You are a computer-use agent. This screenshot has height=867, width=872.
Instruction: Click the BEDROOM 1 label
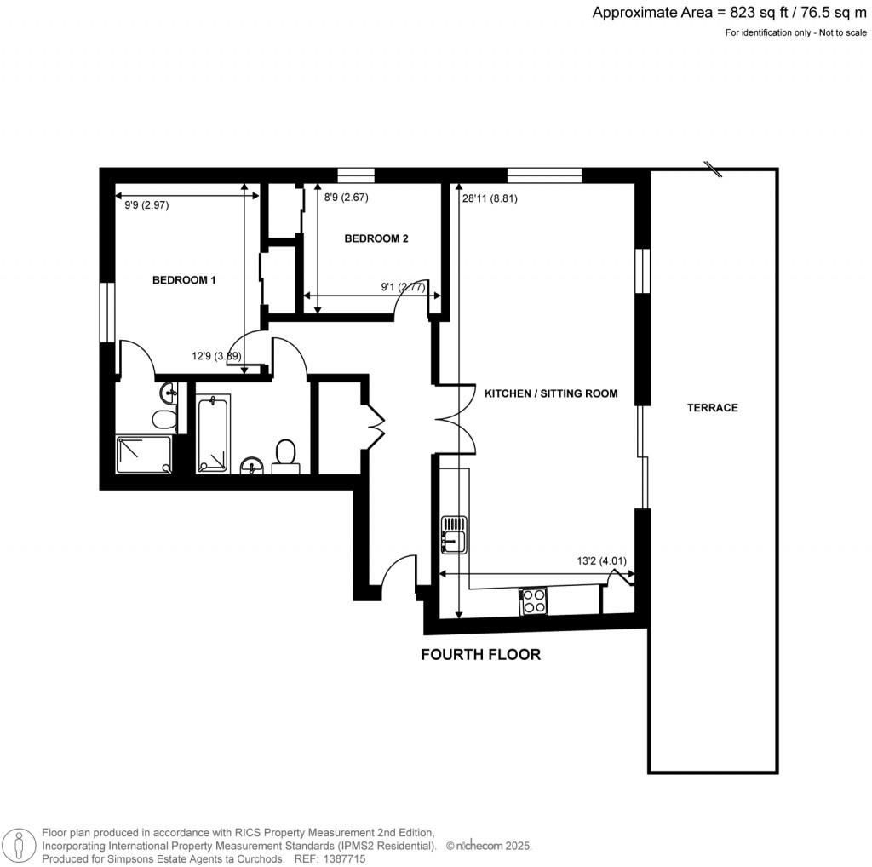[x=184, y=280]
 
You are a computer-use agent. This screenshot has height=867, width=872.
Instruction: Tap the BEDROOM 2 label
[x=376, y=239]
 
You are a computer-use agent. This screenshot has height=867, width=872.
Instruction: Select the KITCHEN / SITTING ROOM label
[x=550, y=393]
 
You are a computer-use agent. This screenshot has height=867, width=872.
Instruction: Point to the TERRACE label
[x=713, y=408]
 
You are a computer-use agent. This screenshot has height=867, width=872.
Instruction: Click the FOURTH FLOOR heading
[x=481, y=655]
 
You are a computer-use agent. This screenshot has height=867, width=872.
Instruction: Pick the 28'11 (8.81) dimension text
[x=490, y=198]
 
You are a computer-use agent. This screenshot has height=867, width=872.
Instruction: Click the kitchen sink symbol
[x=454, y=534]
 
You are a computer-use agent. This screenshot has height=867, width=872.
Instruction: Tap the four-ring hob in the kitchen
[x=534, y=601]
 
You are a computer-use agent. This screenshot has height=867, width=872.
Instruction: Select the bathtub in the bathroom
[x=213, y=433]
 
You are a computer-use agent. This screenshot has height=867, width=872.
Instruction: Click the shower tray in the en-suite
[x=142, y=454]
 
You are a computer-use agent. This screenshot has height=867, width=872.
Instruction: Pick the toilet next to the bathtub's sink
[x=285, y=456]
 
